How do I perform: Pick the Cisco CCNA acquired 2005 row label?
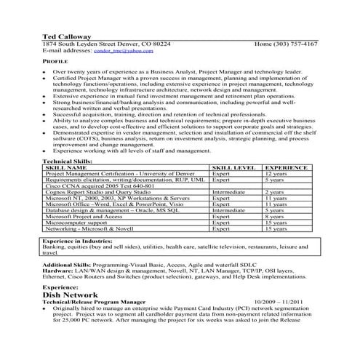[x=89, y=186]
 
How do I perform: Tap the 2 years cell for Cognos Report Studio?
[x=275, y=192]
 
